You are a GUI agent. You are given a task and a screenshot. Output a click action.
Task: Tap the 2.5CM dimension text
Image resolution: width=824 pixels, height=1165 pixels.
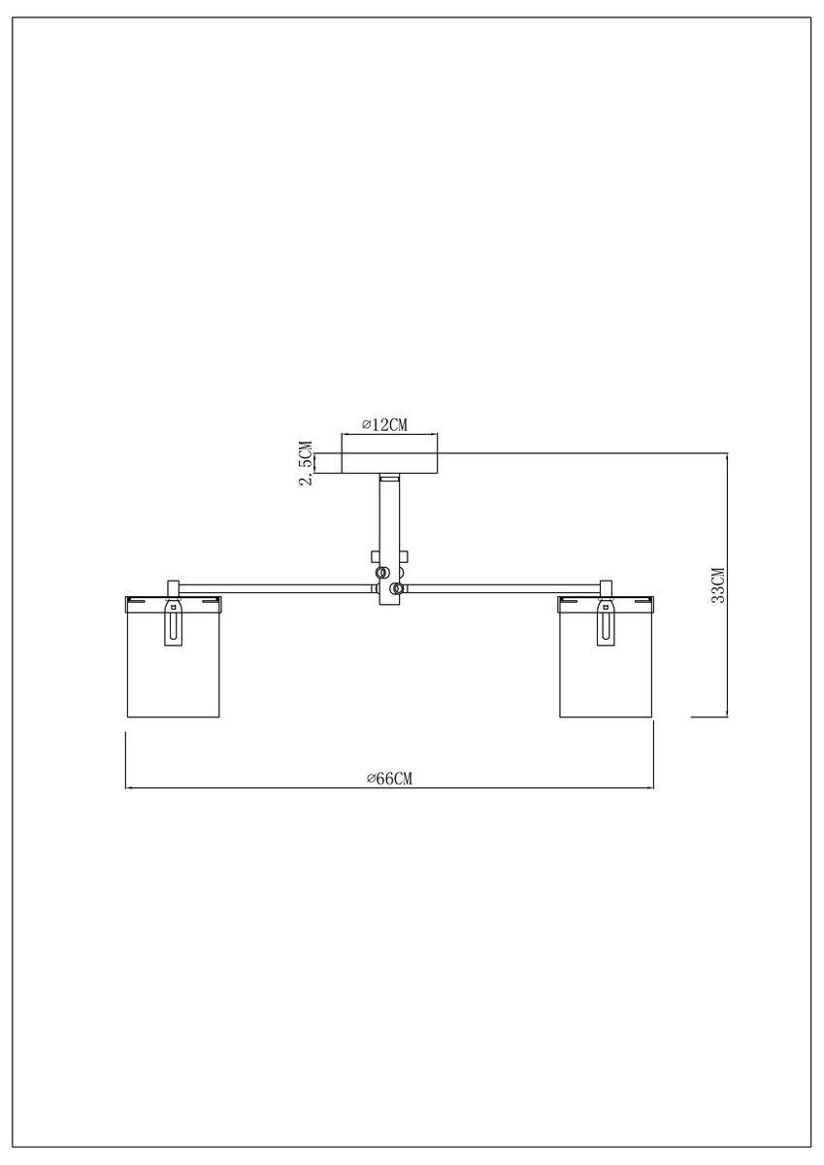coord(306,464)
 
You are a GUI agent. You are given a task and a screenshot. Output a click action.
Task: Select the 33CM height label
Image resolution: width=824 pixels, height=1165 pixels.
coord(717,585)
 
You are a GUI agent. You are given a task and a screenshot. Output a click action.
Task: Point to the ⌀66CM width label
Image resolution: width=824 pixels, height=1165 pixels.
coord(390,778)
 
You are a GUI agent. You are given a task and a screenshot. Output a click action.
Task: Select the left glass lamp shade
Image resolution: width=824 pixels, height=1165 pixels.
coord(174,670)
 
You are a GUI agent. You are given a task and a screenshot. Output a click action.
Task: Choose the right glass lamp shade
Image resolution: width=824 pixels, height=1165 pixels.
coord(607,670)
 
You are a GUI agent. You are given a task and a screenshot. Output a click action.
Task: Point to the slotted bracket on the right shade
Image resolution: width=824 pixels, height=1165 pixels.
coord(607,623)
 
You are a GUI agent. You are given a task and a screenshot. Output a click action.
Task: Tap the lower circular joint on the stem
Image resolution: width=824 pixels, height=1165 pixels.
coord(395,587)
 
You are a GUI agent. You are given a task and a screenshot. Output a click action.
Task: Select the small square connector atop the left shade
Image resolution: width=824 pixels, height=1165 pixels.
coord(175,588)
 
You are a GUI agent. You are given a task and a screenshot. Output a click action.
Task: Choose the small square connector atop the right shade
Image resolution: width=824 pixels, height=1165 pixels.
coord(607,588)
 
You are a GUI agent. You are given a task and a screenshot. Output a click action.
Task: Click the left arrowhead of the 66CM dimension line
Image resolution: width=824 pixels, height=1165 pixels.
coord(130,787)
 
